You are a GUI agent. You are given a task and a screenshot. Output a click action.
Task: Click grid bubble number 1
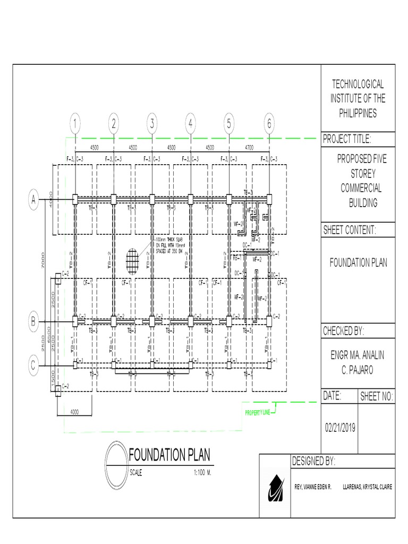(x=75, y=124)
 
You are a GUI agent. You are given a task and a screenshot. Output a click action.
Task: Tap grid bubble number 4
(x=190, y=124)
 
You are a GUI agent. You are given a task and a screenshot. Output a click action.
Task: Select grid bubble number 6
(x=269, y=124)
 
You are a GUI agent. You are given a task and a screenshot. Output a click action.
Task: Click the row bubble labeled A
(x=33, y=200)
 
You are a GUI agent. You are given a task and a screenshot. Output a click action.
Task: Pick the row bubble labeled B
(x=33, y=321)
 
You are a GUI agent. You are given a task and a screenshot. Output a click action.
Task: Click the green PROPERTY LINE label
(x=257, y=413)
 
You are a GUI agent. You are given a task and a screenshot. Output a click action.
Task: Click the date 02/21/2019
(x=340, y=428)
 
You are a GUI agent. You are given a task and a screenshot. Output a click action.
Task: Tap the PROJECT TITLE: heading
(x=347, y=140)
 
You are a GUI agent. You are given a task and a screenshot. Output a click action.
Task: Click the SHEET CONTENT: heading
(x=350, y=230)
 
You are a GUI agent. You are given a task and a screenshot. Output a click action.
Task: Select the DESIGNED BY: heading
(x=314, y=461)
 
